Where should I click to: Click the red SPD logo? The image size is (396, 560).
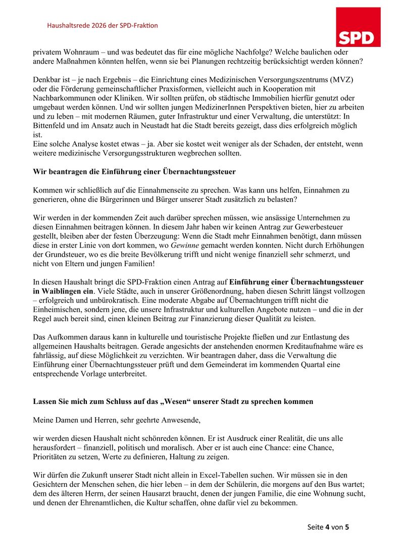click(x=358, y=27)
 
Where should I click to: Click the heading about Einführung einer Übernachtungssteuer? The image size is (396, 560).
click(x=134, y=172)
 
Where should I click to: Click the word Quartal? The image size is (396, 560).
click(x=299, y=365)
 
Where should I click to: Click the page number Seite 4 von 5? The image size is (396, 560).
click(x=328, y=527)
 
